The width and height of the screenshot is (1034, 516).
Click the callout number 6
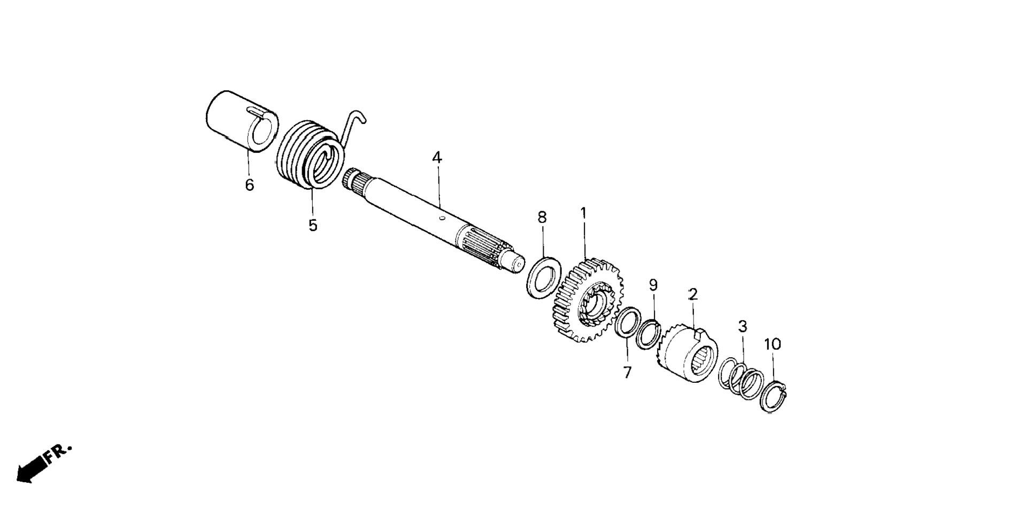coord(249,185)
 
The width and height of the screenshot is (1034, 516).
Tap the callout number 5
coord(313,226)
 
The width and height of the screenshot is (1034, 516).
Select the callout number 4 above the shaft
coord(437,158)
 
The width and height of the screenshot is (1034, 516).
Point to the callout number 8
coord(542,217)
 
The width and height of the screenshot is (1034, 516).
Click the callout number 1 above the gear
coord(583,213)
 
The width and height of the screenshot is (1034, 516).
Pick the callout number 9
coord(653,286)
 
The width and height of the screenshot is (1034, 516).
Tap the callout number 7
coord(627,372)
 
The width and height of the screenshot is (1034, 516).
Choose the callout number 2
coord(693,294)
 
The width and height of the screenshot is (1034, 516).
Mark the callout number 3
coord(743,326)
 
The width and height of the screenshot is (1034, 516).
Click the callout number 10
coord(773,344)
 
